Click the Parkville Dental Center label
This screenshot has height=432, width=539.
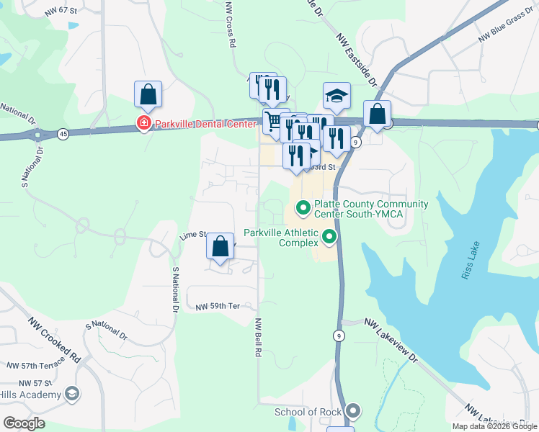[x=204, y=124]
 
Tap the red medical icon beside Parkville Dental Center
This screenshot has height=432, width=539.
[x=143, y=124]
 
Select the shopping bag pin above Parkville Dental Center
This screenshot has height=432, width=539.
[x=148, y=94]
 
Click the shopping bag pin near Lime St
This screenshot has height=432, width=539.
[x=220, y=246]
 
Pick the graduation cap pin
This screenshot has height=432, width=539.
[x=337, y=96]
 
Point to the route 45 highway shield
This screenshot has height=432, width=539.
[x=63, y=133]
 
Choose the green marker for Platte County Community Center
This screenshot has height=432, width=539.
[x=303, y=209]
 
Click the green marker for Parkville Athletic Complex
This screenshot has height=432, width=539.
[x=329, y=236]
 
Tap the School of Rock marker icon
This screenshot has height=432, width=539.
[x=352, y=412]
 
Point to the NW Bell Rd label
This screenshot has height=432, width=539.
[x=257, y=338]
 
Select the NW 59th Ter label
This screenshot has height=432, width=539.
[x=217, y=307]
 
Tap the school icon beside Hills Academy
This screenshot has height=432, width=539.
[x=71, y=394]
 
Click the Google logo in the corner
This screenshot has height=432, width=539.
[x=24, y=423]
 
